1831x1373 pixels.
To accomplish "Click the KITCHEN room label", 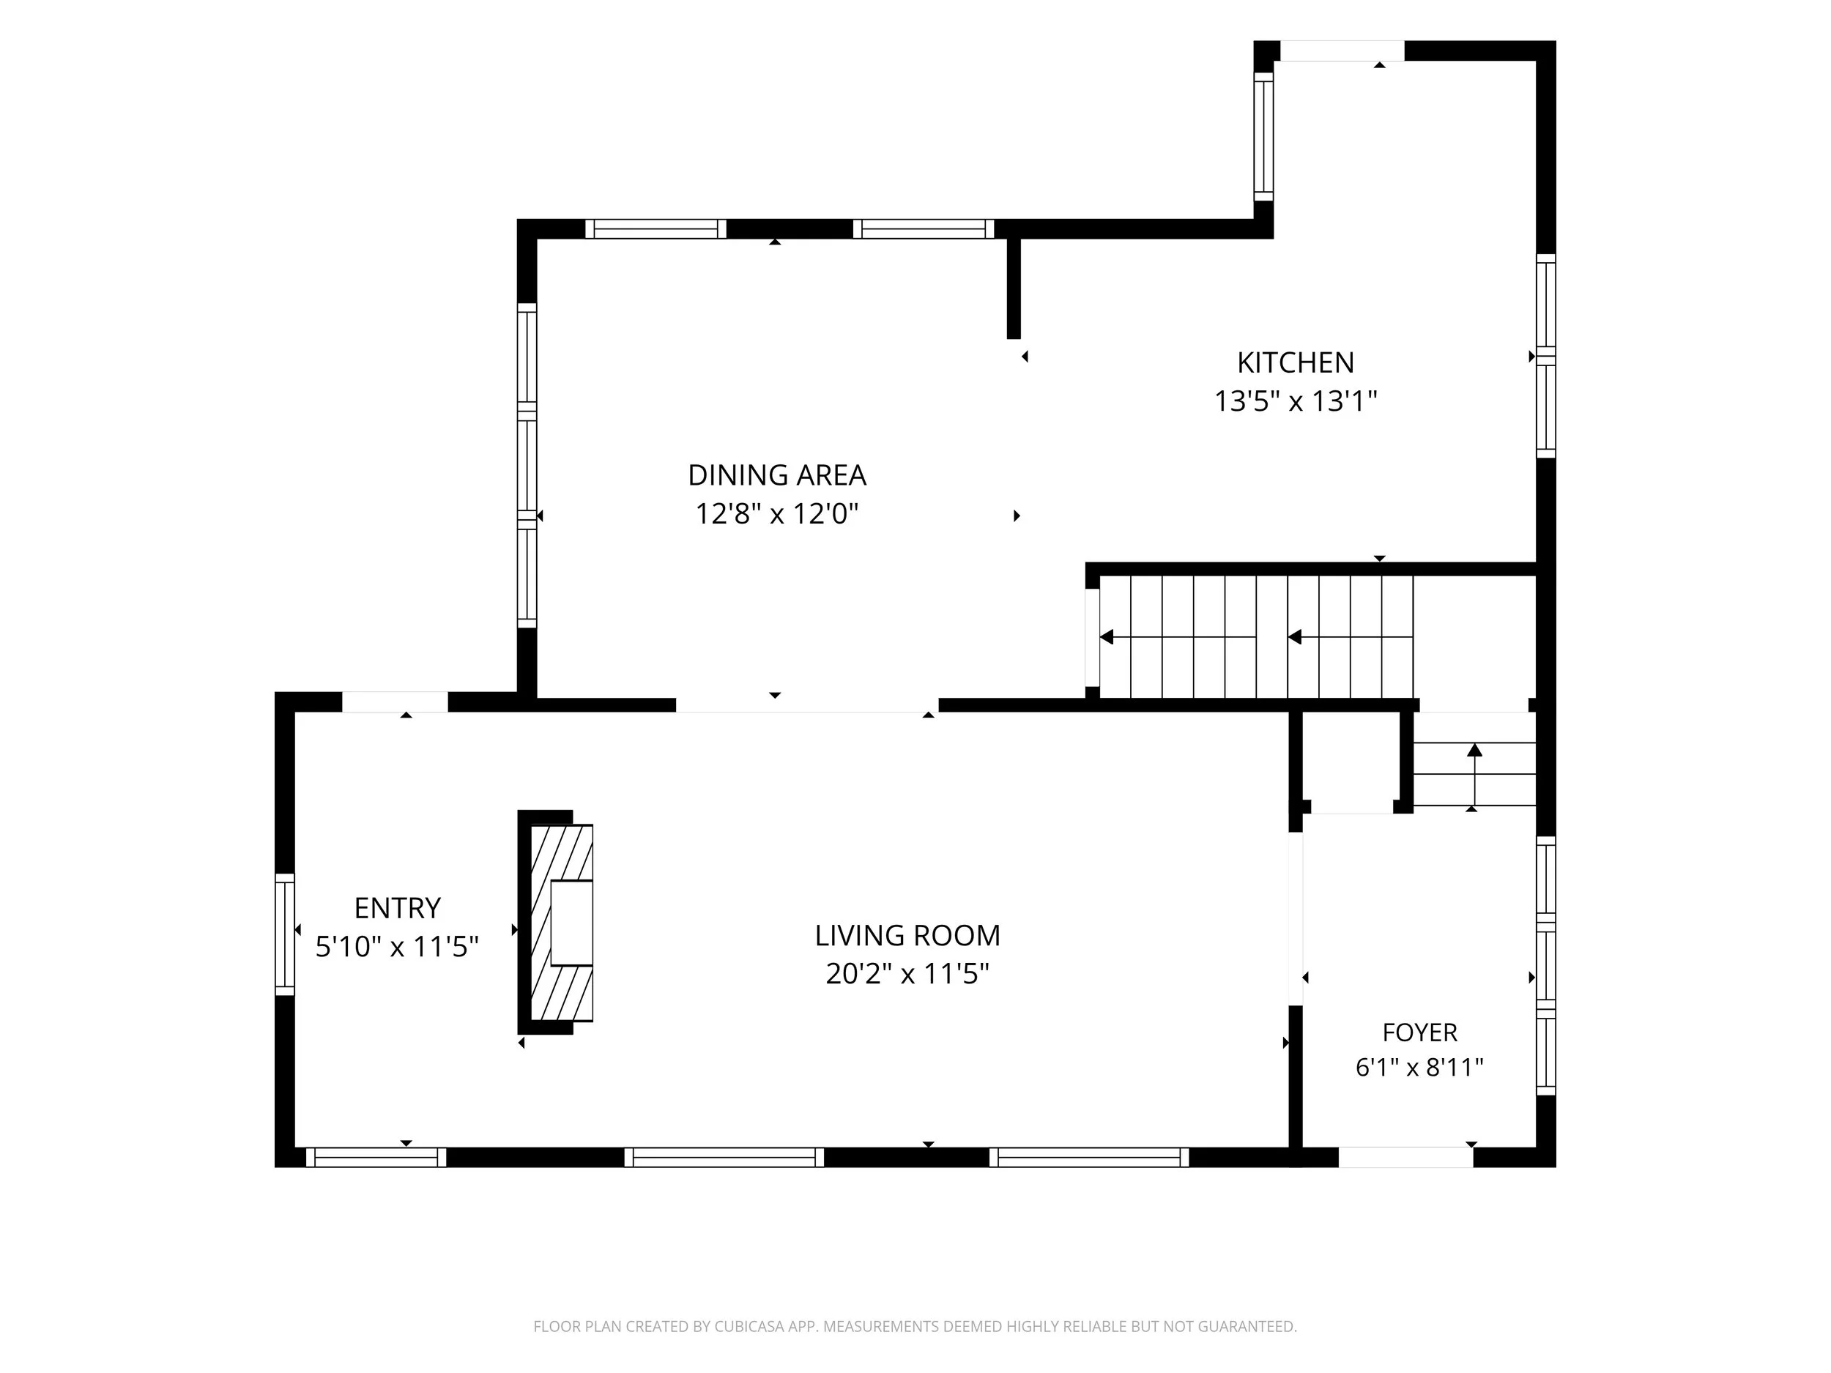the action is coord(1296,362).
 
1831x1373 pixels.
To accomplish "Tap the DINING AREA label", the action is coord(776,475).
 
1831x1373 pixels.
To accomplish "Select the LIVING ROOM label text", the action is coord(907,935).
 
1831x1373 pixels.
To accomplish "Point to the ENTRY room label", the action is coord(397,908).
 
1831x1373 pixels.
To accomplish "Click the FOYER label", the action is coord(1419,1032).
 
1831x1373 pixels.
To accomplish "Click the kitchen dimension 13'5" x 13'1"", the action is coord(1296,401).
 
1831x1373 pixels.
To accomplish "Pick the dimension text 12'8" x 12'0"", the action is coord(776,514).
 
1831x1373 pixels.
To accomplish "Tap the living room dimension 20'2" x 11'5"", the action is coord(907,973).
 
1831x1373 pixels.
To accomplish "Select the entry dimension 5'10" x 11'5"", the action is coord(397,946).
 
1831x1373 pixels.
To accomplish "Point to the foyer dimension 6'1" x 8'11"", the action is coord(1419,1068).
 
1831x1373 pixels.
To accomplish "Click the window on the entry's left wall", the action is coord(285,934).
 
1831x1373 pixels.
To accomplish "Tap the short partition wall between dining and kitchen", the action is coord(1013,288).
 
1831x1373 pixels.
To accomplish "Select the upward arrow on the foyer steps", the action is coord(1474,775).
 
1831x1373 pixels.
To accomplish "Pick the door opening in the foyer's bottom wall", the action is coord(1405,1157).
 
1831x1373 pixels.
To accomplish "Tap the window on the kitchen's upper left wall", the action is coord(1263,136).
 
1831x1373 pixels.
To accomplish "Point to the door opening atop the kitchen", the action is coord(1342,51).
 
